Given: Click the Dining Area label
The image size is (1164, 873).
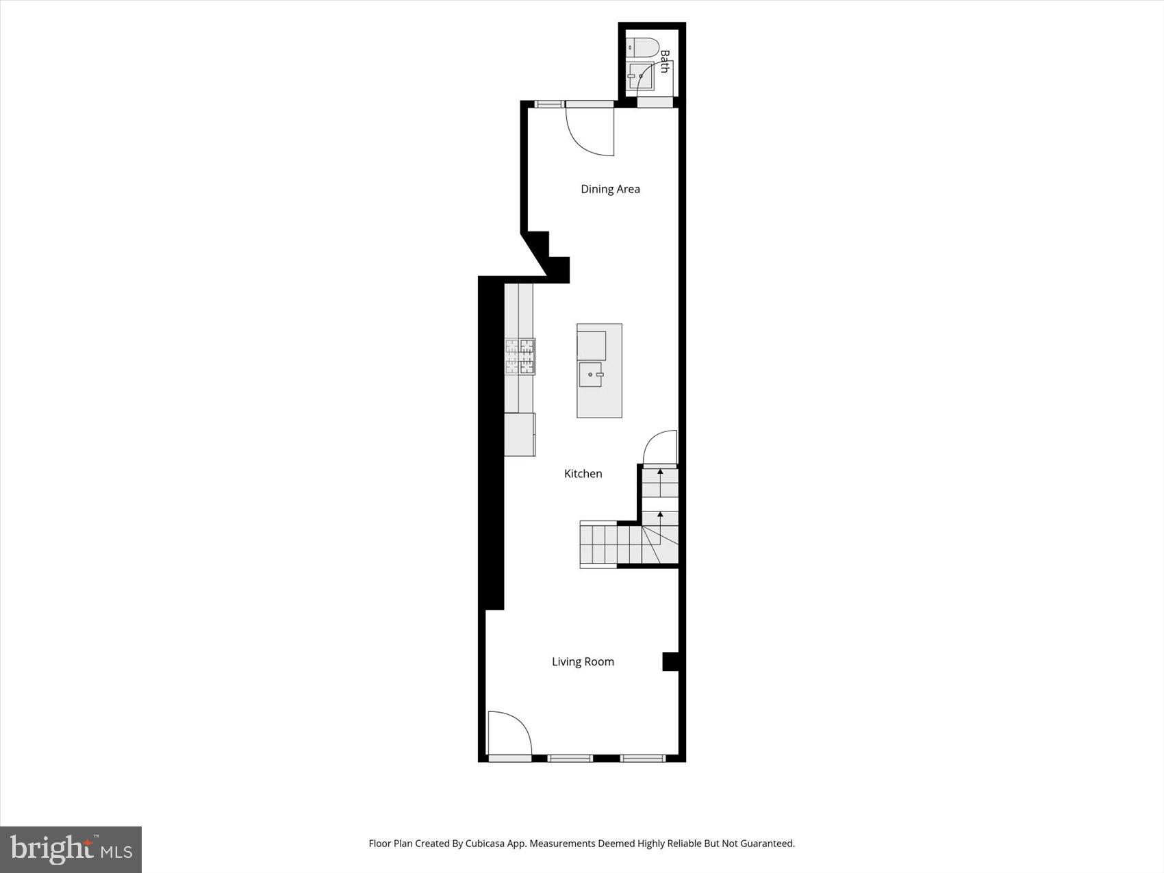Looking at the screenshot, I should (x=610, y=189).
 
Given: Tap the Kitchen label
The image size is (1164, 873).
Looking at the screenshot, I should (x=583, y=473).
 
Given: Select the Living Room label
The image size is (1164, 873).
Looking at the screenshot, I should (x=583, y=661).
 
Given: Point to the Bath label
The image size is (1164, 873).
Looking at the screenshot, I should (x=664, y=61).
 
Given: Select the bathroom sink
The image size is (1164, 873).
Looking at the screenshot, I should (x=641, y=77).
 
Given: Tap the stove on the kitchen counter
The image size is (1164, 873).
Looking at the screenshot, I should (x=520, y=357).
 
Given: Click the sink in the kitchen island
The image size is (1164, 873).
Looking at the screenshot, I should (x=590, y=375).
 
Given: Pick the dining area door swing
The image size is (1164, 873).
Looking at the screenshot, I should (x=590, y=130).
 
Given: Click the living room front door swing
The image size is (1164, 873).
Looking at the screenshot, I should (x=509, y=733).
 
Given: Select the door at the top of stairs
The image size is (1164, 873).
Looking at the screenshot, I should (x=660, y=448).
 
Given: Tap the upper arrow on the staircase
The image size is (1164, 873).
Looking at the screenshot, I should (x=660, y=472).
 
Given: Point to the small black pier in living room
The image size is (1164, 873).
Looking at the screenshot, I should (x=670, y=661).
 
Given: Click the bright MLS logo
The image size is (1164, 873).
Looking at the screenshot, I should (x=71, y=850).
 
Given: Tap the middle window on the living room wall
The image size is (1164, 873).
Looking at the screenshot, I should (x=570, y=758).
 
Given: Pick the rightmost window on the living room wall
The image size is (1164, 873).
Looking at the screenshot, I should (x=643, y=758).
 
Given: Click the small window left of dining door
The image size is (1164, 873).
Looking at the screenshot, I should (x=548, y=104).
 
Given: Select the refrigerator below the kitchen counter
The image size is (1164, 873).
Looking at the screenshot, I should (x=520, y=434).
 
